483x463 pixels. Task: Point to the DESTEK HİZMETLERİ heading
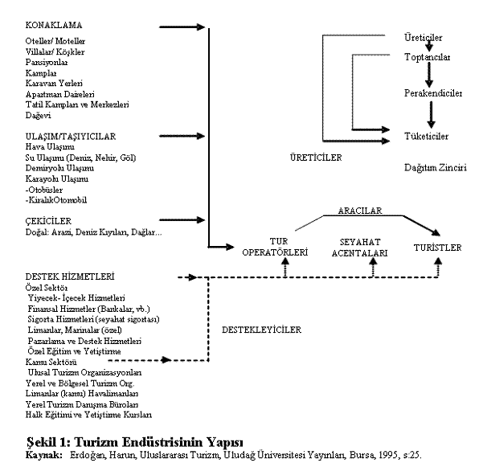click(68, 276)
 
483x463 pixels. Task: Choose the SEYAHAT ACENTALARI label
click(360, 246)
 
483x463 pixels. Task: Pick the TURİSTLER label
click(437, 248)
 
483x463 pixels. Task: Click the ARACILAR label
click(358, 211)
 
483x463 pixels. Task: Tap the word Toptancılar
click(427, 58)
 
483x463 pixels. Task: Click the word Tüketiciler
click(427, 137)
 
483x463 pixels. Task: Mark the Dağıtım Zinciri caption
click(436, 167)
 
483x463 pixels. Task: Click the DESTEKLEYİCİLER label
click(260, 330)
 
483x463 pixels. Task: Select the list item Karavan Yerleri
click(59, 83)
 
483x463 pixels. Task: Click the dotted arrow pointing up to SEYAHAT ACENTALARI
click(373, 268)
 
